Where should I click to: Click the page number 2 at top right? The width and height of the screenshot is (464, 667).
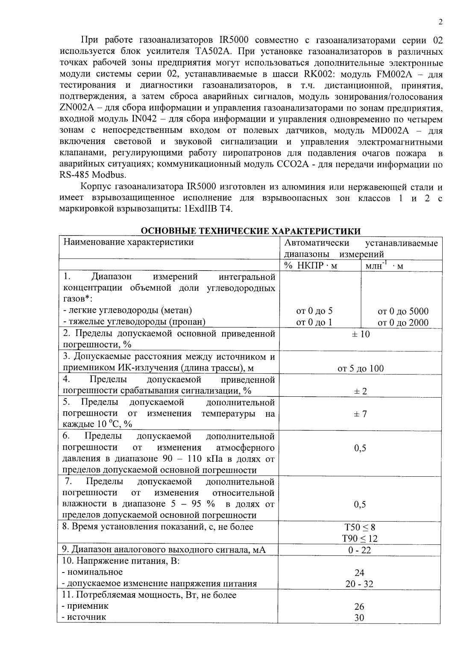(440, 23)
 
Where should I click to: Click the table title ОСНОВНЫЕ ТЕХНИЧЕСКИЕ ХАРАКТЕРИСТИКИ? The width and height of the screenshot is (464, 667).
(251, 231)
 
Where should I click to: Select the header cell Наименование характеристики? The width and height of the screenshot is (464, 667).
(128, 242)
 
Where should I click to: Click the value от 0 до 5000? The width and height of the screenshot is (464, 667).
(403, 311)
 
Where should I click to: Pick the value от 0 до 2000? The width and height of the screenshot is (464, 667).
(403, 322)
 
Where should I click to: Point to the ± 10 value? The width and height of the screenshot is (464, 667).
(361, 334)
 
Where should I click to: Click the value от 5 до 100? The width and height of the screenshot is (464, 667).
(361, 368)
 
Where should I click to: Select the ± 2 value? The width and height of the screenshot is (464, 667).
(361, 391)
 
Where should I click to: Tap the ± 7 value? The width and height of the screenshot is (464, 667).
(361, 413)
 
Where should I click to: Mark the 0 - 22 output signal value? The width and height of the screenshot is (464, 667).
(360, 550)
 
